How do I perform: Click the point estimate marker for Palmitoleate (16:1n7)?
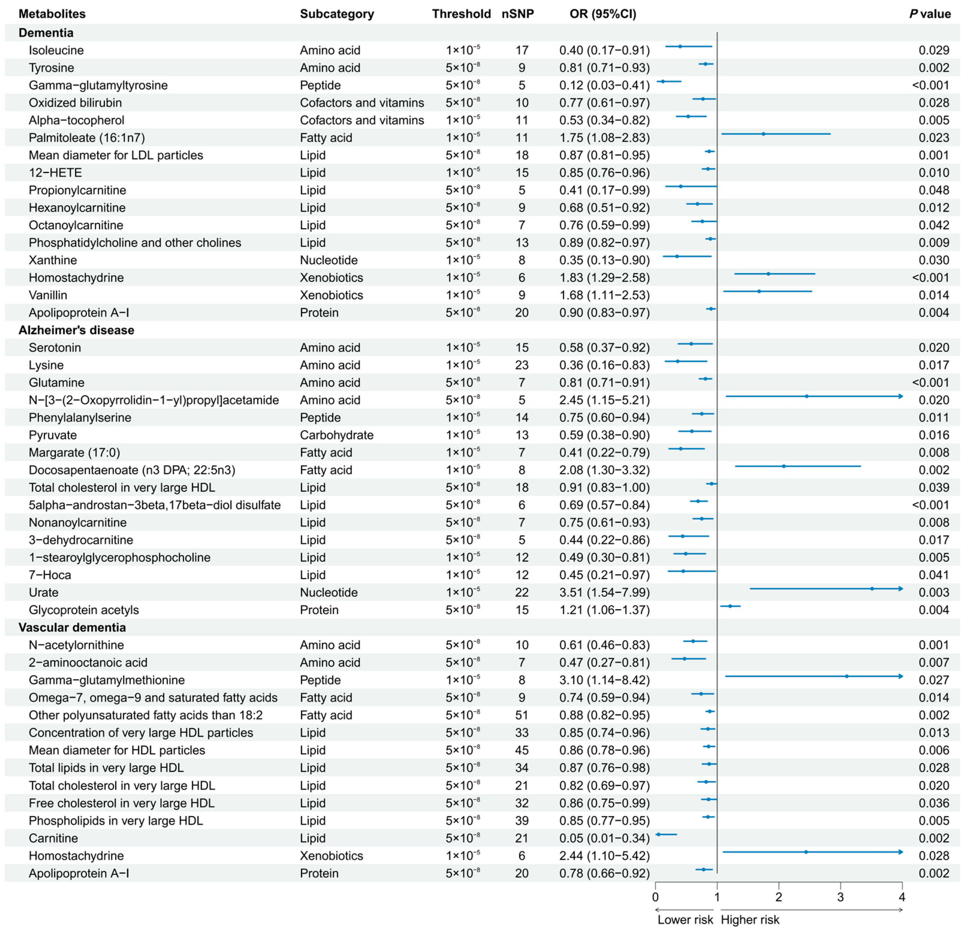click(763, 134)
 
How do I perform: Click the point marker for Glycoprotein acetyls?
click(730, 606)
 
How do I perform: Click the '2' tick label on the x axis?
click(779, 897)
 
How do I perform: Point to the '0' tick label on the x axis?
click(655, 897)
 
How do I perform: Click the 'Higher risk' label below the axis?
click(750, 920)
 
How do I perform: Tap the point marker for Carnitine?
click(658, 834)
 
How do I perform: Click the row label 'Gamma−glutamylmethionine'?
click(107, 680)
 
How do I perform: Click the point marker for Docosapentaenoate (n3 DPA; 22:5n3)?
click(784, 466)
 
